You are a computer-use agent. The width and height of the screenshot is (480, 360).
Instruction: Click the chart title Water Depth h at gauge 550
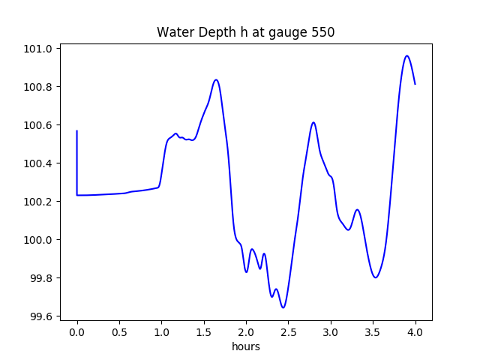[245, 33]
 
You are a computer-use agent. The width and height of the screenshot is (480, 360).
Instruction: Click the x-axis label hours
[245, 346]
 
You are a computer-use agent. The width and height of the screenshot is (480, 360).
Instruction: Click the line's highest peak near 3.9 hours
[406, 55]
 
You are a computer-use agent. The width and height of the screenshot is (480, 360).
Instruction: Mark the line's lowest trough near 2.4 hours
[283, 307]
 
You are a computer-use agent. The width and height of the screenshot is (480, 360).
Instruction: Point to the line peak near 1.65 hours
[216, 79]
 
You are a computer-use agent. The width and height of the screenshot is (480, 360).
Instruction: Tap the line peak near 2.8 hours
[313, 122]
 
